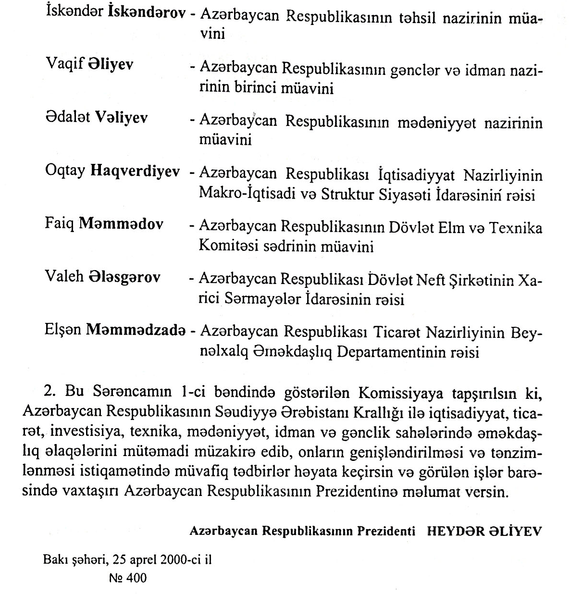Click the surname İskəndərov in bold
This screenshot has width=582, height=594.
148,13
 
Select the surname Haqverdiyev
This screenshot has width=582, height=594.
135,171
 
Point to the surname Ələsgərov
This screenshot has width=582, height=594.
124,277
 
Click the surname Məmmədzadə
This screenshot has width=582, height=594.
136,330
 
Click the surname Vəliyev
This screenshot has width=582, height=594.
122,117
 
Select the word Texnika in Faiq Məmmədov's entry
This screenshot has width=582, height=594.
516,227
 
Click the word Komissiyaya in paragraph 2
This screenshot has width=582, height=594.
396,393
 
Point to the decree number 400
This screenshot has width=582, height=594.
136,578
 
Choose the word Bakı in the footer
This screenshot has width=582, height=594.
53,560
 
